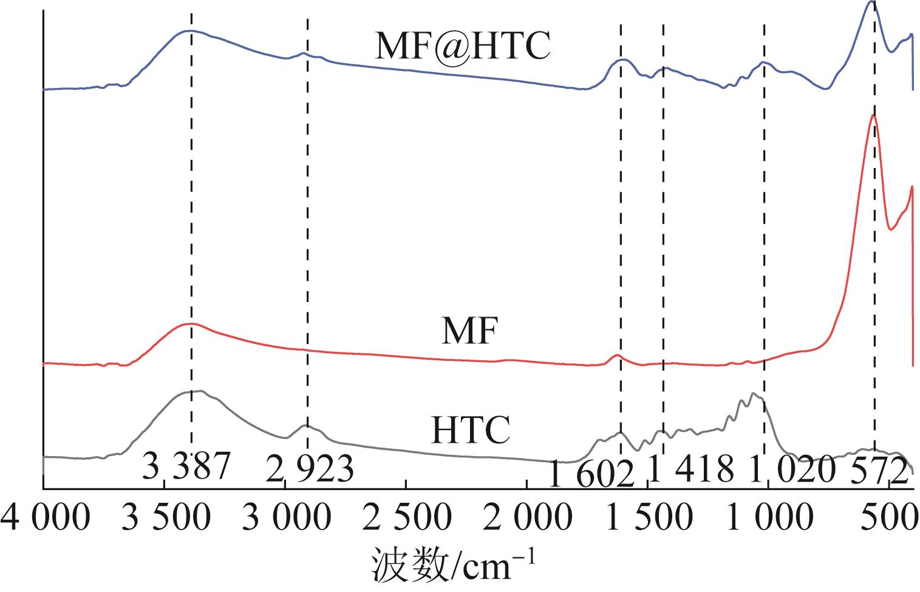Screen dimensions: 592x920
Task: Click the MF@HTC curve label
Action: point(462,45)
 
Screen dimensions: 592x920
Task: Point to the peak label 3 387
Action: point(186,467)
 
